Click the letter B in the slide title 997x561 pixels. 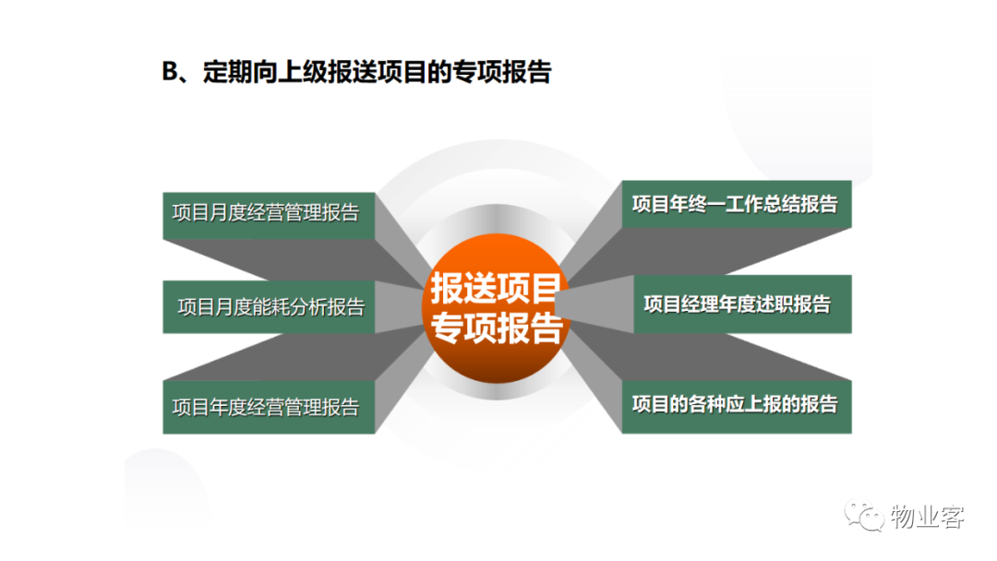click(171, 72)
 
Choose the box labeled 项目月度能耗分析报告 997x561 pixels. click(269, 307)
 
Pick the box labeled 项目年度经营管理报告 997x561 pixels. click(269, 407)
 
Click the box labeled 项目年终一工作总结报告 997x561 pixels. click(737, 204)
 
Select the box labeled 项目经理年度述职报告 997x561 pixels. click(742, 304)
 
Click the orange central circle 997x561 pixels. click(497, 308)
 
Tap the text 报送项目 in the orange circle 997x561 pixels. click(496, 288)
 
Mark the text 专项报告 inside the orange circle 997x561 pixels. click(496, 328)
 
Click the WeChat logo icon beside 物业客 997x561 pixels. click(864, 516)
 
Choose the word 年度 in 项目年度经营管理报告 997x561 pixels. click(228, 407)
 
